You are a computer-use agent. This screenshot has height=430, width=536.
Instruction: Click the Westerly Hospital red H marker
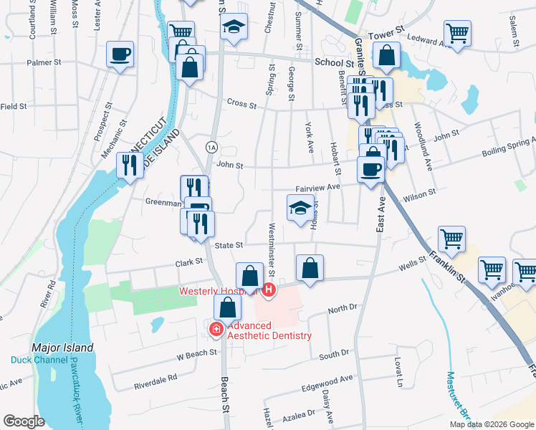click(x=269, y=290)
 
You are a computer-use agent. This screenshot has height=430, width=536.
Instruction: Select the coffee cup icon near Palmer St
click(x=120, y=54)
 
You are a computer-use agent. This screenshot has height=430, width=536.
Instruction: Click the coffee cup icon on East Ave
click(x=370, y=170)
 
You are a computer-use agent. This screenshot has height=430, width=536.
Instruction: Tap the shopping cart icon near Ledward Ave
click(x=457, y=32)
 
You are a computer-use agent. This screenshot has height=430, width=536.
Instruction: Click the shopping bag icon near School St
click(x=387, y=56)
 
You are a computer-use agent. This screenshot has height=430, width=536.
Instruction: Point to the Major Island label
click(x=62, y=348)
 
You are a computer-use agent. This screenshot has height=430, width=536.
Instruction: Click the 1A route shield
click(x=211, y=147)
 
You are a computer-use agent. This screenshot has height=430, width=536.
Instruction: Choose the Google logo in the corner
click(x=24, y=421)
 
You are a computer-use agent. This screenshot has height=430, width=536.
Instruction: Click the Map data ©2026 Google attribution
click(x=492, y=424)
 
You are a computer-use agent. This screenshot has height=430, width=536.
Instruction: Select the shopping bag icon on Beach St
click(x=227, y=308)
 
